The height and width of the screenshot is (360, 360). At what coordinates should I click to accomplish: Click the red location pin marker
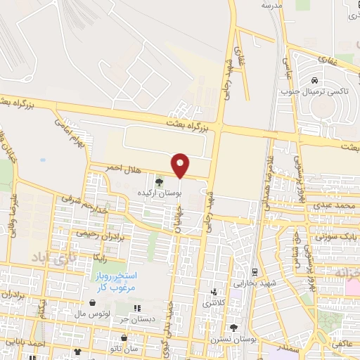(x=181, y=165)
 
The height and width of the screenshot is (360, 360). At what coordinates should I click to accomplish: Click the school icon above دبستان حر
(x=138, y=308)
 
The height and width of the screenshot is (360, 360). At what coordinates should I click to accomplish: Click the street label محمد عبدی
(x=333, y=205)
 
